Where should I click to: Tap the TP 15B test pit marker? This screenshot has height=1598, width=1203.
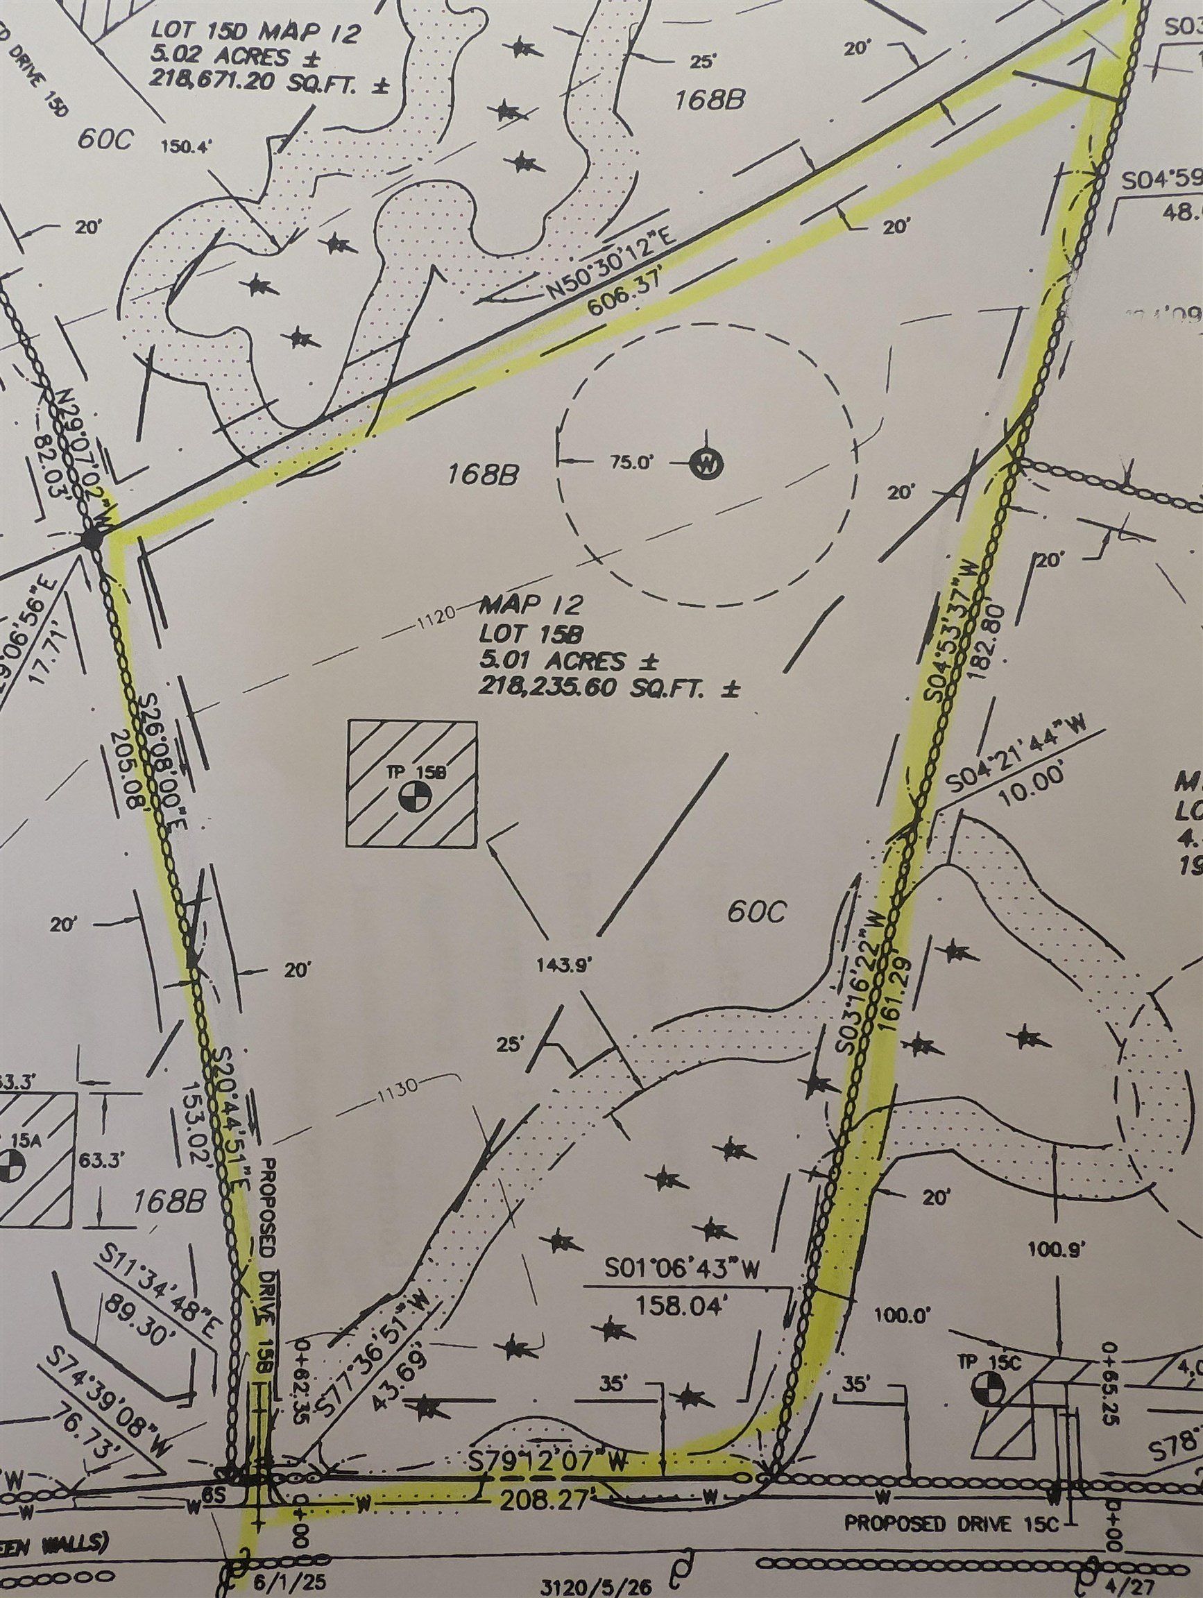click(x=414, y=797)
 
